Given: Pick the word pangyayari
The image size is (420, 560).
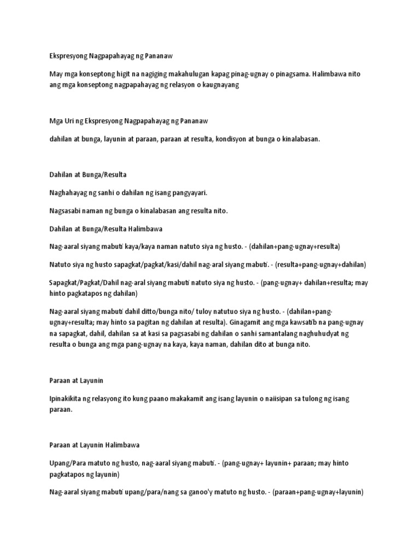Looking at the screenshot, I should [186, 193].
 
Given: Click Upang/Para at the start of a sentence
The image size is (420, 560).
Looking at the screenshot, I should [65, 463].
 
